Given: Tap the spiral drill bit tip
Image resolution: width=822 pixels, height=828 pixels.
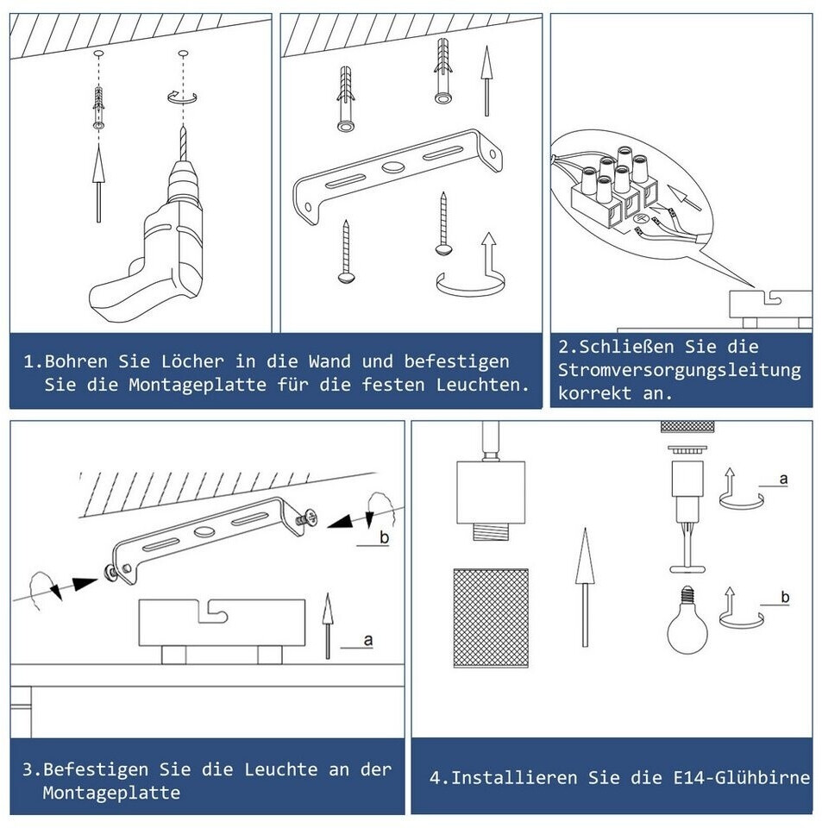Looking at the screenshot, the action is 183,127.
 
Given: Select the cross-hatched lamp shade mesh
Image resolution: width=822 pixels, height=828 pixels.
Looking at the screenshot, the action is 491,618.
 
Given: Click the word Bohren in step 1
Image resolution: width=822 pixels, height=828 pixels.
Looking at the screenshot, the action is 76,361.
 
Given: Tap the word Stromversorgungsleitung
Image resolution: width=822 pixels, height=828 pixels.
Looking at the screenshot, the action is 680,370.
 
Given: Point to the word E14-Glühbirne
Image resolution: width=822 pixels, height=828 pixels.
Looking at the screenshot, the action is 742,777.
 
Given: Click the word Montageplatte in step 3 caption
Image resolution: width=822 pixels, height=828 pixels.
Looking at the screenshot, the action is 111,793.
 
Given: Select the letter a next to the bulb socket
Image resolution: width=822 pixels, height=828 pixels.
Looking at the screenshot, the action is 783,479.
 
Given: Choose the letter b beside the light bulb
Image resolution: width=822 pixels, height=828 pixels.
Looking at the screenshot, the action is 785,597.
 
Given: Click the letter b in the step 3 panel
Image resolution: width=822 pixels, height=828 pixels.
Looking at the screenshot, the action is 385,537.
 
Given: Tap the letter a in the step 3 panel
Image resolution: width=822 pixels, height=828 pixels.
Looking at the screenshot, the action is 368,640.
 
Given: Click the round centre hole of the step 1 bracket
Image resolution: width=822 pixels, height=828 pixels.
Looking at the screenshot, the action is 392,167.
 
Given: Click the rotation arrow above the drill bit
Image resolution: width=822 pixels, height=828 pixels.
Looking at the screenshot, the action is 182,97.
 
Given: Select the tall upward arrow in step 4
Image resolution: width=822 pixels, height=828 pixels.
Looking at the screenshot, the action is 585,587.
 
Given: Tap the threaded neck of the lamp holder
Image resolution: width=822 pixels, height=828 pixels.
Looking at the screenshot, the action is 491,530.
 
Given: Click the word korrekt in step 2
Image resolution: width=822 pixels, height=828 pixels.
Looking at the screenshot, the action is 595,393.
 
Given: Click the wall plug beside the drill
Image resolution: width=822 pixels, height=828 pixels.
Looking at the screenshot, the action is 98,108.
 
